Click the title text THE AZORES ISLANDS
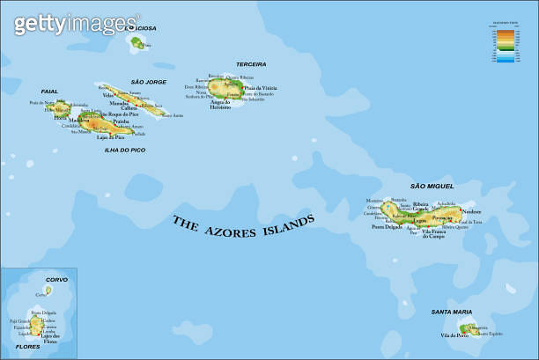(x=242, y=227)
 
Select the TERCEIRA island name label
(x=251, y=64)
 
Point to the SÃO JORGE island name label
(x=148, y=81)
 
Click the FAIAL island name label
(x=49, y=91)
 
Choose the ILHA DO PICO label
(x=124, y=150)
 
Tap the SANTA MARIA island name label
(x=451, y=312)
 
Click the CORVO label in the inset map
(x=56, y=280)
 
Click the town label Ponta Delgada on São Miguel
(x=387, y=226)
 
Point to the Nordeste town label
(x=472, y=212)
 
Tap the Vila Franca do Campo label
(x=434, y=233)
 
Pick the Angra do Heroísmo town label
(x=226, y=104)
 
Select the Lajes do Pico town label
(x=110, y=136)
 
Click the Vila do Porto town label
(x=454, y=335)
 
